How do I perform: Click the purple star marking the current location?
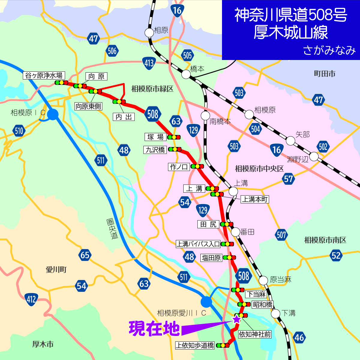click(x=237, y=319)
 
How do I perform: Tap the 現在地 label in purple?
click(x=154, y=328)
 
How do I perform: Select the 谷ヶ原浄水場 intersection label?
click(x=44, y=75)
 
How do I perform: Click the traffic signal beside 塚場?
click(x=174, y=137)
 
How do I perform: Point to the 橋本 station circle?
click(x=186, y=74)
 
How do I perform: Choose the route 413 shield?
click(x=149, y=63)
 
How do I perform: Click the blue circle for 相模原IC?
click(x=53, y=114)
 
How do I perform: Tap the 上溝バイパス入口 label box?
click(x=198, y=244)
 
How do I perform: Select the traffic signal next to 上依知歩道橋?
click(x=223, y=345)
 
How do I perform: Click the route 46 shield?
click(x=299, y=337)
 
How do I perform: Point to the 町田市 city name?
click(x=325, y=74)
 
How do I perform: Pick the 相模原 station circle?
click(x=249, y=115)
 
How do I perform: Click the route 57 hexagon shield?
click(x=288, y=179)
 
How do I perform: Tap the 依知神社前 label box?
click(x=255, y=334)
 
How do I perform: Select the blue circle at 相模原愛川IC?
click(x=206, y=301)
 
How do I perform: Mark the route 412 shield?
click(x=31, y=299)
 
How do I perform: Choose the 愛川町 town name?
click(x=56, y=269)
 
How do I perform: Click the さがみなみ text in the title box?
click(x=329, y=50)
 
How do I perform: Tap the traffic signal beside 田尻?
click(x=227, y=224)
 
